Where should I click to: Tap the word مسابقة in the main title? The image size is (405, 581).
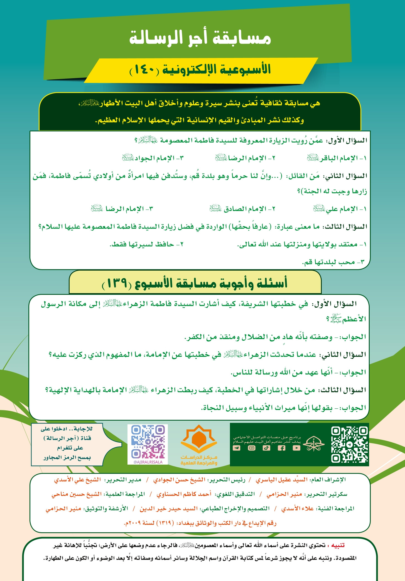tap(242, 38)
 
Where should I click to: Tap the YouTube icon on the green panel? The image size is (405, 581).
tap(296, 448)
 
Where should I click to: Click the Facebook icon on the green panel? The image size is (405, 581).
tap(281, 448)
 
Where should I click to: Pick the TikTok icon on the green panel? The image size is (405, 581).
tap(266, 448)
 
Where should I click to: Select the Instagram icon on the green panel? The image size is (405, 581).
tap(252, 448)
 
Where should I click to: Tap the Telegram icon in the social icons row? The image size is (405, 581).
tap(237, 448)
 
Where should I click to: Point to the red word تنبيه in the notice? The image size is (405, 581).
tap(337, 545)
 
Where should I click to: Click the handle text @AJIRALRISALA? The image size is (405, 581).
tap(148, 462)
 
